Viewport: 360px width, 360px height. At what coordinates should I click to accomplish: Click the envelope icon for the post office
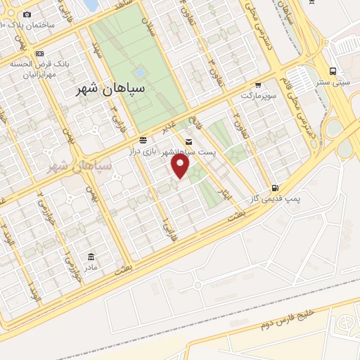tap(187, 141)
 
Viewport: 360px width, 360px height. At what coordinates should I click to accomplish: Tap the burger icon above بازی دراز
tap(143, 140)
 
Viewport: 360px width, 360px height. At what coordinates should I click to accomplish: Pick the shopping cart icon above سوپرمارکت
tap(258, 84)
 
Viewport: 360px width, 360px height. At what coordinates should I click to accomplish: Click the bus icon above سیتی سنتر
tap(333, 70)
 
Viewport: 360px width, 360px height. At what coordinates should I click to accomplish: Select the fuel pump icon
tap(274, 188)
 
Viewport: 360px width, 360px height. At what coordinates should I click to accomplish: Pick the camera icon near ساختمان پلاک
tap(27, 14)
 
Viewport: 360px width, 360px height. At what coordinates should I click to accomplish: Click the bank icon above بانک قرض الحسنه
tap(40, 53)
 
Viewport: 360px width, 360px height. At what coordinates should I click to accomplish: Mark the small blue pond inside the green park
tap(140, 72)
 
